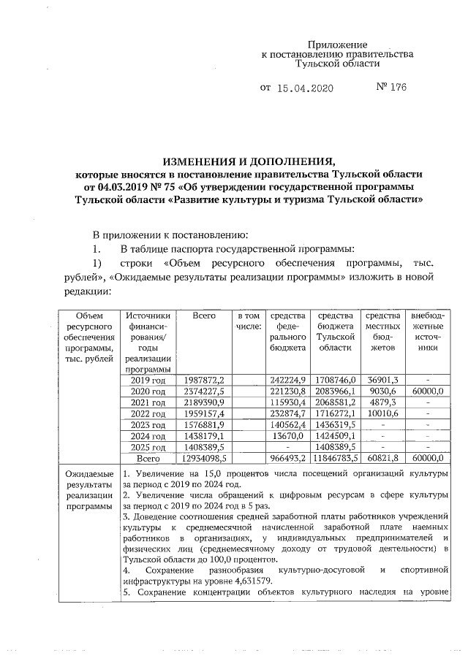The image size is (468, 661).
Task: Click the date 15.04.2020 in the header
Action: [306, 88]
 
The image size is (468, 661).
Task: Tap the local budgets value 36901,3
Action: [382, 381]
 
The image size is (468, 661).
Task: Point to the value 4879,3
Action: [383, 402]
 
